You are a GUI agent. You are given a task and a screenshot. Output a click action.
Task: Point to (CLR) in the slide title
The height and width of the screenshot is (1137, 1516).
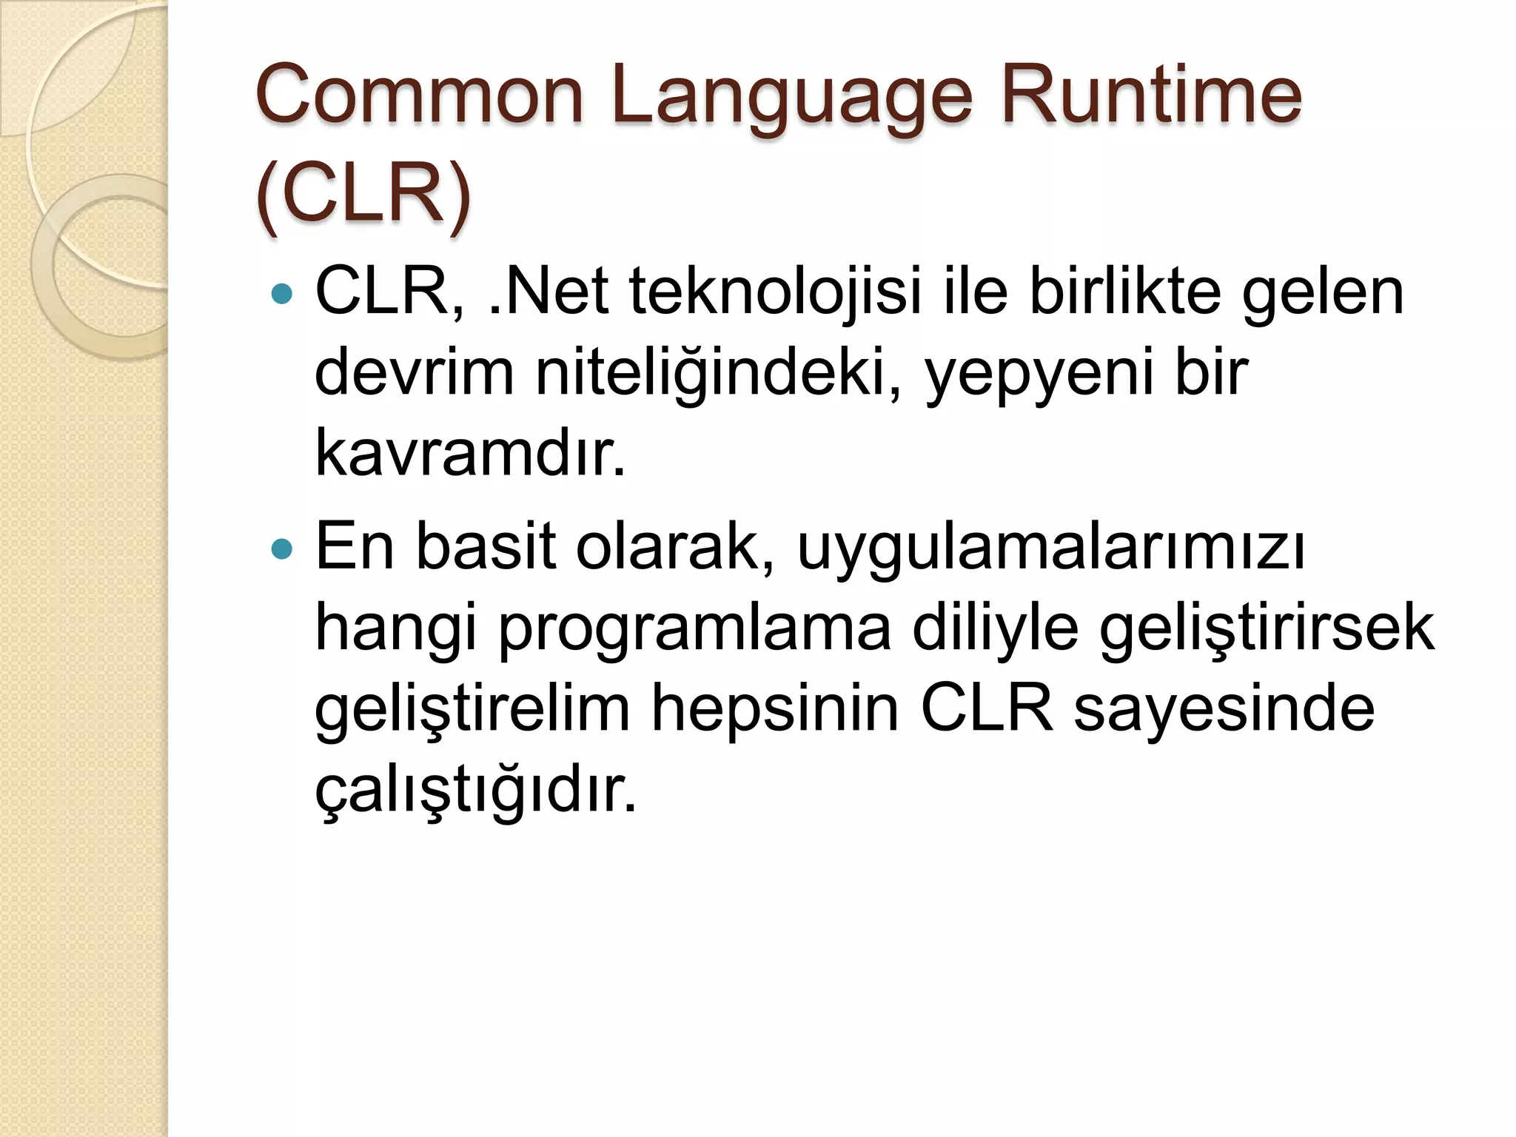tap(363, 194)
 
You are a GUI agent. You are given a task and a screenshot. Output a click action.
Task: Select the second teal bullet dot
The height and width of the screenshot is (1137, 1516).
tap(282, 549)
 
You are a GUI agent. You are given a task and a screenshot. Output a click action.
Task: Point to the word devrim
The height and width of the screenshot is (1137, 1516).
tap(414, 372)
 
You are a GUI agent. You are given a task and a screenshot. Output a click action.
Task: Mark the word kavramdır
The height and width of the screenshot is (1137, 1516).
tap(470, 453)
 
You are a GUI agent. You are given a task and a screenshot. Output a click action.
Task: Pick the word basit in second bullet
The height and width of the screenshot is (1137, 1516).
tap(485, 547)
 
